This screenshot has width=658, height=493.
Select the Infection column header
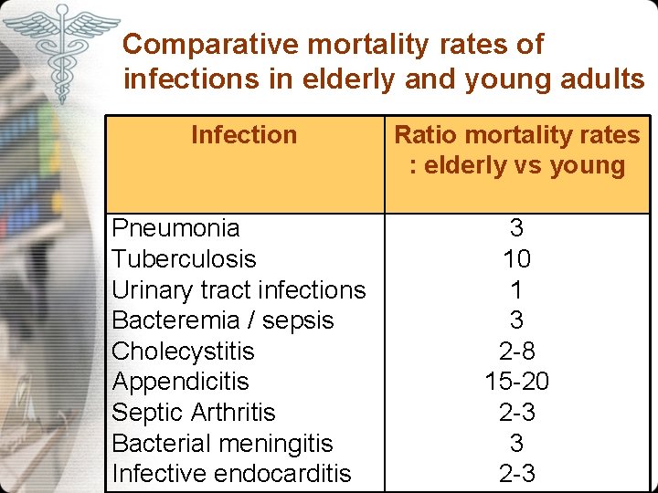pos(244,135)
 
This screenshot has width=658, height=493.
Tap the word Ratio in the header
pos(423,135)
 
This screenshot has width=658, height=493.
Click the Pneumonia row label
pos(175,228)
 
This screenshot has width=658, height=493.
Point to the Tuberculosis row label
pos(184,259)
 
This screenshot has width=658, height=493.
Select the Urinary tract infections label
pos(239,290)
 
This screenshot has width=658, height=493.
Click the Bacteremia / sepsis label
pos(223,320)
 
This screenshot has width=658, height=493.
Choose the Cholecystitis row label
pos(183,351)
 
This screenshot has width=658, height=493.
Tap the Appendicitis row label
pos(180,382)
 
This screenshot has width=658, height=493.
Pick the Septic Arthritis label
pos(194,413)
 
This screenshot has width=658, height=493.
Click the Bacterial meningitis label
pos(222,444)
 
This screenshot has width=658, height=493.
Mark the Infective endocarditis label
pos(231,474)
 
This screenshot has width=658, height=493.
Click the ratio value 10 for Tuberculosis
pos(516,259)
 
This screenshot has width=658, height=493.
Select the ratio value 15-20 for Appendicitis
pos(516,382)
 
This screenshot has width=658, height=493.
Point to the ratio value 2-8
pos(516,351)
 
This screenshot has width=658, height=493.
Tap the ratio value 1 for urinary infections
pos(516,290)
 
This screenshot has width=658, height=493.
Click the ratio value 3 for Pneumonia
pos(516,228)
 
